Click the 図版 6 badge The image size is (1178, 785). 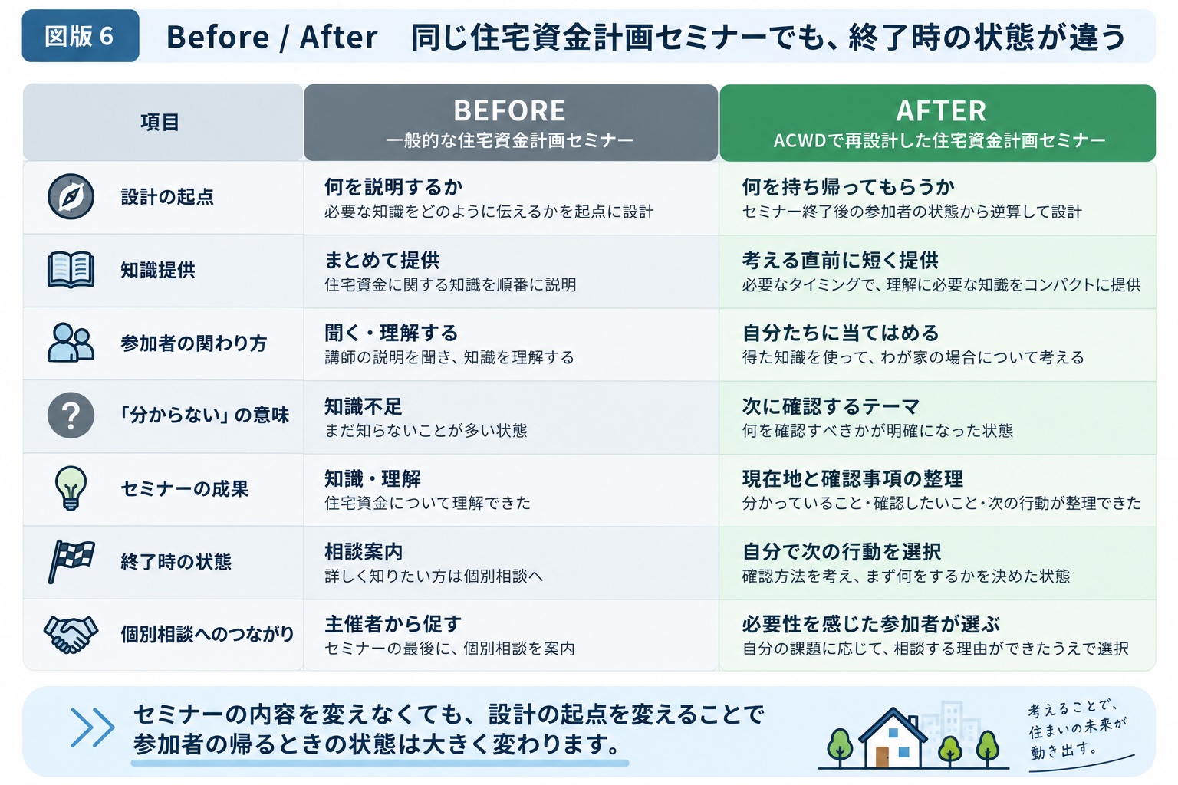[x=81, y=36]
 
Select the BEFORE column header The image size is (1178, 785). [x=511, y=123]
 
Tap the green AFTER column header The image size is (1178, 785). [x=938, y=123]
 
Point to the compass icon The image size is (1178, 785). [x=71, y=197]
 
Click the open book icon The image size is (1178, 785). [x=71, y=270]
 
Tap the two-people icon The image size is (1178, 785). [x=71, y=342]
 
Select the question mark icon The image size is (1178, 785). [x=71, y=415]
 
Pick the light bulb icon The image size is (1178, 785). [x=71, y=488]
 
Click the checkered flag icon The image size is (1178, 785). [x=71, y=561]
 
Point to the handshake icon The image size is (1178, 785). [x=71, y=634]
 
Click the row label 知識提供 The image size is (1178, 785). [x=158, y=270]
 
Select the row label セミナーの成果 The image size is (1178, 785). [x=185, y=488]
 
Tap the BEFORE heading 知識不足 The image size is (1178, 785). [x=363, y=406]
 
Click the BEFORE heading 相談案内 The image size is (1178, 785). [x=364, y=552]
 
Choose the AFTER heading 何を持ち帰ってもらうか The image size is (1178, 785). [x=848, y=187]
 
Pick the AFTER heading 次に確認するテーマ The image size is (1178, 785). [x=831, y=406]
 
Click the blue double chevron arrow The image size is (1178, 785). [x=93, y=728]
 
